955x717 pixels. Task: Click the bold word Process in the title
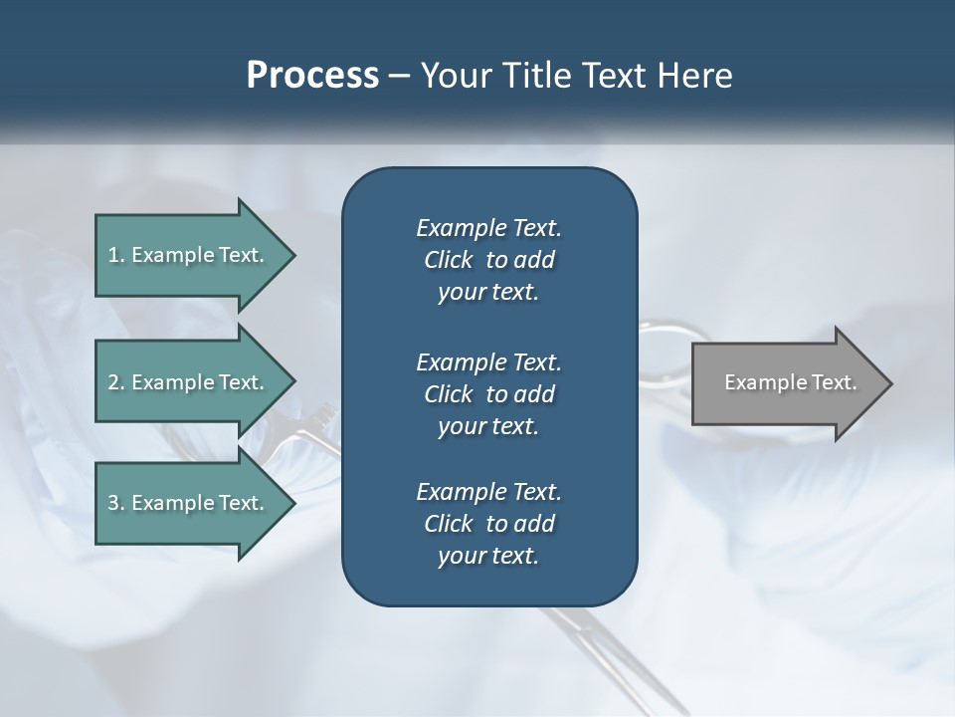click(x=312, y=76)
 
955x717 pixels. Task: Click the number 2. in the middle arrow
click(x=116, y=382)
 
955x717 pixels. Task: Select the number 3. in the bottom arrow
click(x=116, y=503)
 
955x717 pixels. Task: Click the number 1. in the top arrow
click(x=116, y=255)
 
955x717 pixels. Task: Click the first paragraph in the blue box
click(x=488, y=260)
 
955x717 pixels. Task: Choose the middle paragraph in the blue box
click(x=488, y=393)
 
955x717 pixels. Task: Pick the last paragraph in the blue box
click(x=488, y=524)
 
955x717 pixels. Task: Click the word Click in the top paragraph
click(x=448, y=260)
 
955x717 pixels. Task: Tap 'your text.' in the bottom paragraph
click(x=488, y=557)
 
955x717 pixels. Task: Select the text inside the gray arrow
click(x=790, y=382)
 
